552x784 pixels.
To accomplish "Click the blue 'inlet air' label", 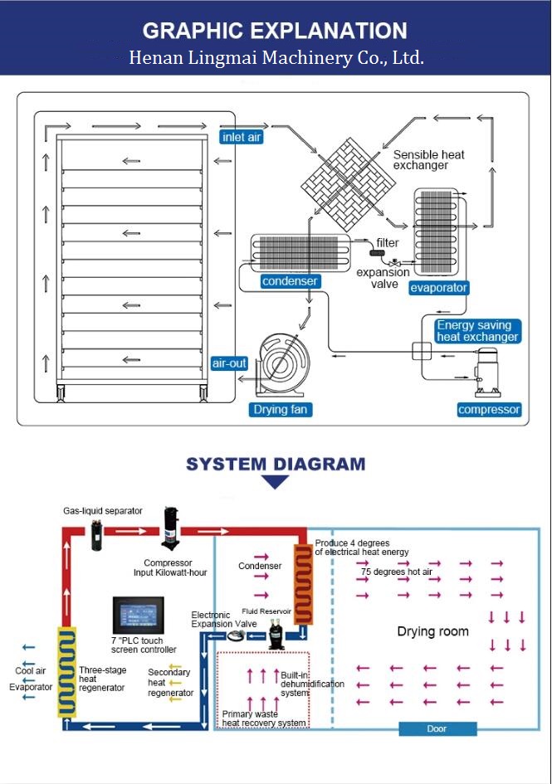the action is click(x=242, y=137).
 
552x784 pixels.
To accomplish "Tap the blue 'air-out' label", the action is click(x=229, y=363).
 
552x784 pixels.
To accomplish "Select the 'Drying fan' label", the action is click(x=281, y=410).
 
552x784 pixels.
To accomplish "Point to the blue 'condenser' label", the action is click(x=290, y=281).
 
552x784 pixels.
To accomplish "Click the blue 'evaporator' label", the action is click(x=438, y=288).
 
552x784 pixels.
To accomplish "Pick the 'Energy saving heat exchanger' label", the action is click(x=477, y=331).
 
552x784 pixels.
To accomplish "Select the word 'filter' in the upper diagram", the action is click(x=388, y=242).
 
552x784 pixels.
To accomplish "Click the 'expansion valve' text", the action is click(x=383, y=278).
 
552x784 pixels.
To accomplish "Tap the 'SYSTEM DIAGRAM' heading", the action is click(x=276, y=464).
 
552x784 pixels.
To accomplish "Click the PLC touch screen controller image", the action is click(x=138, y=615).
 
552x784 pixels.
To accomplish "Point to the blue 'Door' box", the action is click(x=437, y=728).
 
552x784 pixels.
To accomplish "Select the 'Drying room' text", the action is click(x=433, y=631).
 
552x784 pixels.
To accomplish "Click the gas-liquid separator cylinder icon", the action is click(x=96, y=534).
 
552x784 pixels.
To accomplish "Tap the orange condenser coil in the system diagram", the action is click(x=303, y=584).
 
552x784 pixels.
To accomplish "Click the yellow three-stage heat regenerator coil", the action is click(x=67, y=672).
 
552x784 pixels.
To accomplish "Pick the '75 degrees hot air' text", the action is click(x=397, y=572).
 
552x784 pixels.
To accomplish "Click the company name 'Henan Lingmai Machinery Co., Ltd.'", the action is click(x=276, y=57).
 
